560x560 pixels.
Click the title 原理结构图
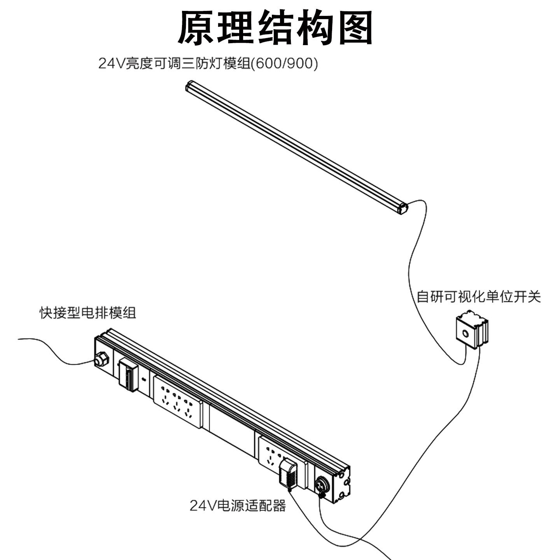(x=275, y=28)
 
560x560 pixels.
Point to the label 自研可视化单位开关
(x=478, y=297)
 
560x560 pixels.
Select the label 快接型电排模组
(x=88, y=313)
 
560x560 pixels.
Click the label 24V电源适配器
(x=238, y=506)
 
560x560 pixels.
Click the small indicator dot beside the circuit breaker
(x=144, y=379)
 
